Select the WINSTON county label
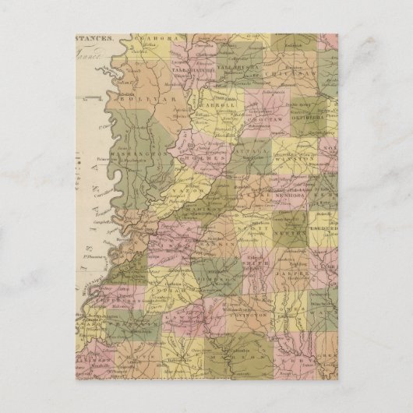click(290, 164)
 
